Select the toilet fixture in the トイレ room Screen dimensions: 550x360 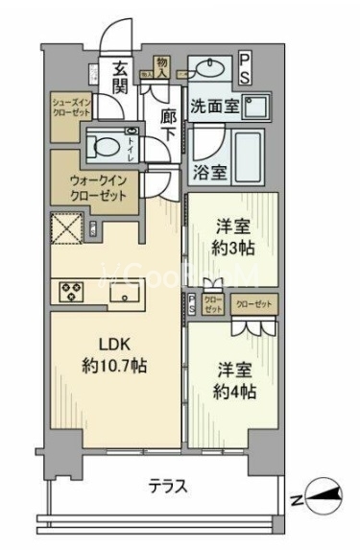click(x=101, y=146)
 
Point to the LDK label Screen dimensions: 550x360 click(x=113, y=345)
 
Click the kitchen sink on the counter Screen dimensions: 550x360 click(x=124, y=295)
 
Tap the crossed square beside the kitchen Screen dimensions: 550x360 click(x=66, y=230)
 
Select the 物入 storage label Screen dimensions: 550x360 click(x=162, y=64)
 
